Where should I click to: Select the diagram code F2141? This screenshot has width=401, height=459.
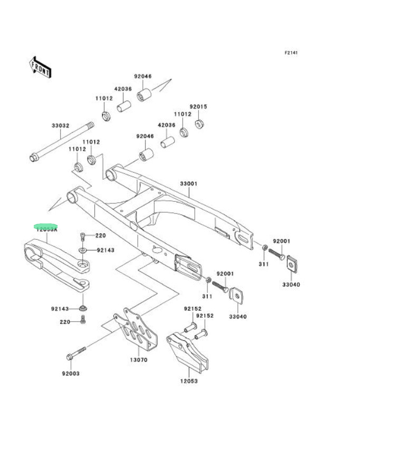pyautogui.click(x=291, y=53)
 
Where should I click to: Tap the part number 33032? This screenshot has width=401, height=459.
pyautogui.click(x=60, y=125)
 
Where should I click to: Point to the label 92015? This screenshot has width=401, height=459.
pyautogui.click(x=198, y=106)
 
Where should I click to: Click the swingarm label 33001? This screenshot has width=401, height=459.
pyautogui.click(x=188, y=184)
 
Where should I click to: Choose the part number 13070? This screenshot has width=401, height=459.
pyautogui.click(x=139, y=360)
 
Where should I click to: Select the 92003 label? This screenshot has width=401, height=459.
pyautogui.click(x=71, y=373)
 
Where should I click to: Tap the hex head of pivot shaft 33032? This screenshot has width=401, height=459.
pyautogui.click(x=34, y=158)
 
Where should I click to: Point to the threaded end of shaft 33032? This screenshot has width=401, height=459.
pyautogui.click(x=91, y=126)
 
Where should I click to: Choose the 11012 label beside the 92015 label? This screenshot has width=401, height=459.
pyautogui.click(x=183, y=114)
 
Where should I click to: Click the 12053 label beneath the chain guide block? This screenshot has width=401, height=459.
pyautogui.click(x=188, y=380)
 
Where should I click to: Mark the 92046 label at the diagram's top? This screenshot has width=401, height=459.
pyautogui.click(x=142, y=76)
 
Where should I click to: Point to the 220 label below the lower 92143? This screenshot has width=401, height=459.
pyautogui.click(x=65, y=321)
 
